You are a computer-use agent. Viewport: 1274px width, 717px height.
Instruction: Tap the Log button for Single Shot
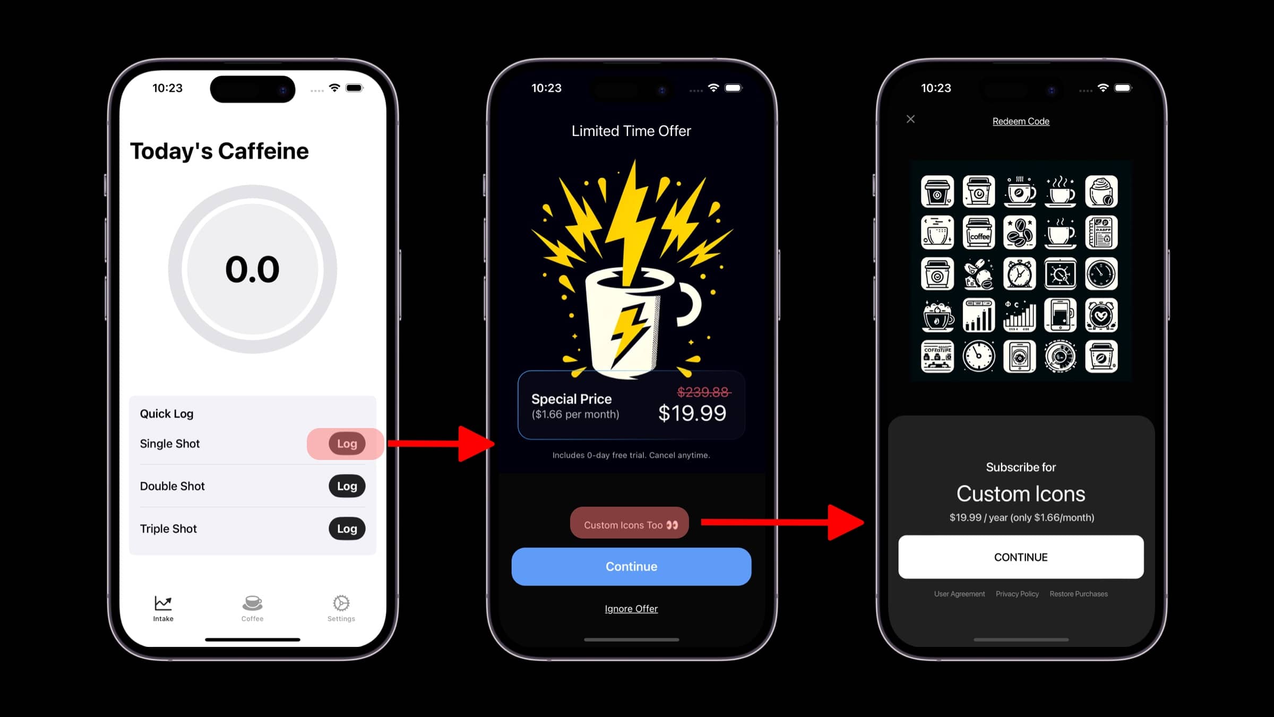click(347, 443)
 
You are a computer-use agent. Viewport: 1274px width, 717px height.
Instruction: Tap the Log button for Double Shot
click(347, 486)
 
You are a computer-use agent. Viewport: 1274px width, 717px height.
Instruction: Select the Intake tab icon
click(163, 603)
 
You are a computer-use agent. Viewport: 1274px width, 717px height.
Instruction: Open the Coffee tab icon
click(252, 603)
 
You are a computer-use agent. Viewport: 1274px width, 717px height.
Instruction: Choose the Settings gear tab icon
click(341, 603)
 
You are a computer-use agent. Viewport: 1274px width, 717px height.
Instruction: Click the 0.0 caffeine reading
click(252, 269)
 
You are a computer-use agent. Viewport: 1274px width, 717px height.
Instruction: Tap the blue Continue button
click(631, 567)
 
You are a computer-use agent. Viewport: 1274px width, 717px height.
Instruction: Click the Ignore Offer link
click(631, 609)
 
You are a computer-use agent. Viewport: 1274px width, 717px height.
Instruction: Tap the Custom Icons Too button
click(630, 525)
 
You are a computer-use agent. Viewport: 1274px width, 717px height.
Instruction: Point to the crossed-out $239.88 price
click(703, 392)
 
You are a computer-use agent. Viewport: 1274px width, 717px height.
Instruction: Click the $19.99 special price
click(692, 413)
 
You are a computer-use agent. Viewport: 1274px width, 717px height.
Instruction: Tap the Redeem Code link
click(1021, 121)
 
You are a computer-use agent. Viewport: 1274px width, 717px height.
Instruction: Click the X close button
click(910, 119)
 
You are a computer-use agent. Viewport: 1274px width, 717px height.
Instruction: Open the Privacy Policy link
click(1017, 594)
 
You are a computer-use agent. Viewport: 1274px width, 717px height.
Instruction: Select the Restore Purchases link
click(1079, 594)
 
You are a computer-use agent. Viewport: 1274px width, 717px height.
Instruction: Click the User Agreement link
click(959, 594)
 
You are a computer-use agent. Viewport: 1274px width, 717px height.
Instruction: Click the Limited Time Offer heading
click(631, 131)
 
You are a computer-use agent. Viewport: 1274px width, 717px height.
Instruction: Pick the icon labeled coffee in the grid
click(979, 233)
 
